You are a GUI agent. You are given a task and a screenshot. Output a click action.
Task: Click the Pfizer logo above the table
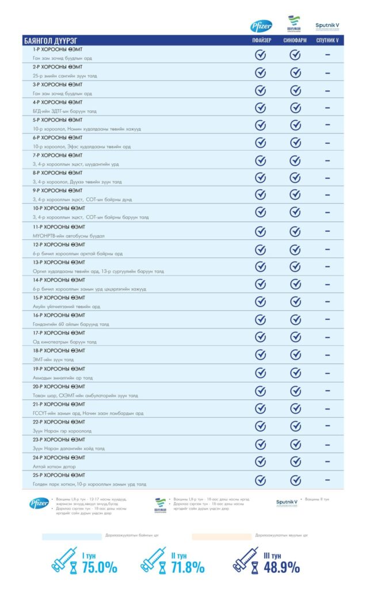click(x=261, y=26)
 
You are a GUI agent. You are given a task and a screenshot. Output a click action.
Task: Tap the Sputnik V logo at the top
click(x=327, y=26)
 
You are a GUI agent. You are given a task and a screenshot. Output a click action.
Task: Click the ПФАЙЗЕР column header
click(x=261, y=41)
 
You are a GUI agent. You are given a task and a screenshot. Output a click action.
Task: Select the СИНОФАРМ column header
click(x=295, y=41)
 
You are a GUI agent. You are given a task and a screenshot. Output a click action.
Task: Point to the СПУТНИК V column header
click(x=327, y=41)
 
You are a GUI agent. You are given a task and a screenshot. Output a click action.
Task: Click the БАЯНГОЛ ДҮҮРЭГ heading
click(x=50, y=41)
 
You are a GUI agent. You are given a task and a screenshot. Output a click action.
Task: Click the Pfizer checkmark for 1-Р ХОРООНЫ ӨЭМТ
click(x=260, y=55)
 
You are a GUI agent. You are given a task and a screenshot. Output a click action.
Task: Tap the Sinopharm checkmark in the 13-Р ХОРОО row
click(x=295, y=267)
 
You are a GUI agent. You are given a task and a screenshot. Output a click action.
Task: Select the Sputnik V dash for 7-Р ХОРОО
click(x=327, y=160)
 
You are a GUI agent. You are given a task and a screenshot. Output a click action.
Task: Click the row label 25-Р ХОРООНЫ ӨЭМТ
click(x=58, y=475)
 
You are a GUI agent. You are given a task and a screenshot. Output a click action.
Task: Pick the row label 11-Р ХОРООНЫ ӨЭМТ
click(x=58, y=227)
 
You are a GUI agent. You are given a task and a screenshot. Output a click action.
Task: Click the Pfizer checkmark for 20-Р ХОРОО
click(x=260, y=391)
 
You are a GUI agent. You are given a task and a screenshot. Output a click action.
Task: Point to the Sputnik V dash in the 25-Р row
click(x=327, y=480)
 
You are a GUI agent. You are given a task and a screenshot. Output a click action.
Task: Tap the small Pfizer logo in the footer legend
click(x=39, y=503)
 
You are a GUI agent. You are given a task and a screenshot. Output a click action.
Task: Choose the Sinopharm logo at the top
click(x=295, y=25)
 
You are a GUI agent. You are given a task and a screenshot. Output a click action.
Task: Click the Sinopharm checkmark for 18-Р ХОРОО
click(x=295, y=355)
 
